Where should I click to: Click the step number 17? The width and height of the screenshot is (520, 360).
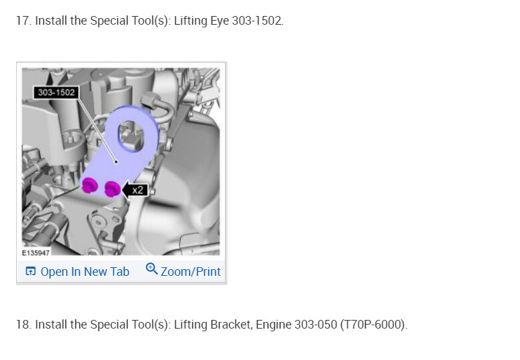(23, 21)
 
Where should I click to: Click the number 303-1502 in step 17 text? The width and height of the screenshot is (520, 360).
(257, 21)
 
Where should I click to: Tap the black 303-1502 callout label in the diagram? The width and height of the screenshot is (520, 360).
(56, 92)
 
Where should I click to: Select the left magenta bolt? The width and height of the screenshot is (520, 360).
(89, 185)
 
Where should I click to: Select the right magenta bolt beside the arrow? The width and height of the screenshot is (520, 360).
(112, 189)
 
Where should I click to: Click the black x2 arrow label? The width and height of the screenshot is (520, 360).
(135, 190)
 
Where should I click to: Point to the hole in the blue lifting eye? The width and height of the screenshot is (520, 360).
(132, 136)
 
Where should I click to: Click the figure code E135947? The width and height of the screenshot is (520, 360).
(36, 253)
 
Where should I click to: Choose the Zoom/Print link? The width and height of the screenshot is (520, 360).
(190, 272)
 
